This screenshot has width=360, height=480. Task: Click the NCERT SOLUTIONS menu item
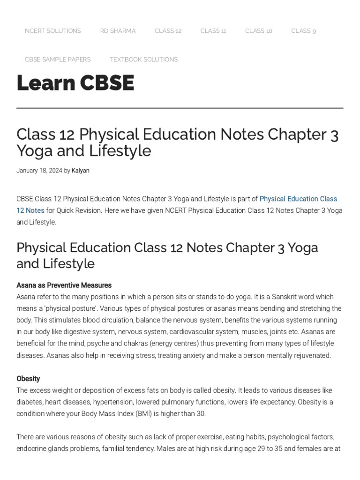coord(52,31)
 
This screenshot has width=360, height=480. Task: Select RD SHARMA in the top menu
coord(118,31)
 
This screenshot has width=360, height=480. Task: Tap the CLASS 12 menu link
coord(168,31)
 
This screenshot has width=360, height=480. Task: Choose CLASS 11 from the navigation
coord(213,31)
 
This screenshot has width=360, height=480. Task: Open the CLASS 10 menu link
coord(258,31)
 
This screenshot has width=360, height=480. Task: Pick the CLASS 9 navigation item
coord(303,31)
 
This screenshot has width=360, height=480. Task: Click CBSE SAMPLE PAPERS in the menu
coord(58,60)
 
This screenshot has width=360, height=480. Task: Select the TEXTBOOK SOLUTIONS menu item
coord(143,60)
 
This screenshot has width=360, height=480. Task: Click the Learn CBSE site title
coord(75,83)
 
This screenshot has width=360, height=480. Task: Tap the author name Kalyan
coord(80,171)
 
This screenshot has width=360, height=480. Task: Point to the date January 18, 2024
coord(39,171)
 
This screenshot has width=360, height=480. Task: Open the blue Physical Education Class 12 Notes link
coord(298,199)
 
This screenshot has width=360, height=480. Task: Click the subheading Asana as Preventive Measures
coord(64,285)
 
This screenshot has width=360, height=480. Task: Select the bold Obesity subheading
coord(28,378)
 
